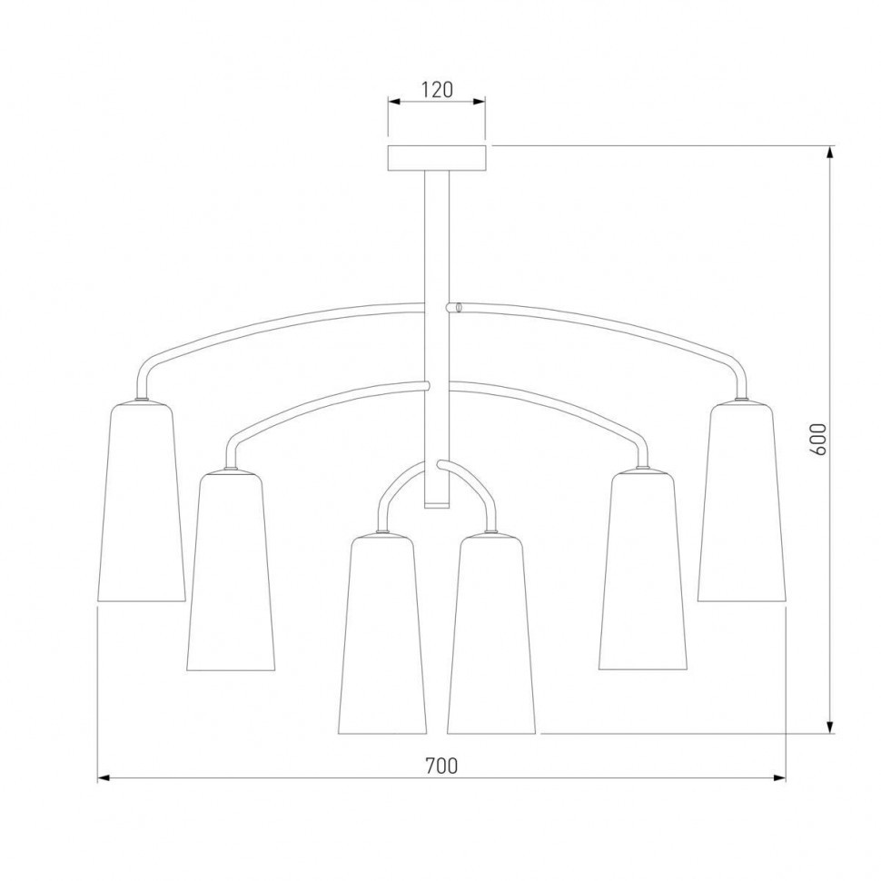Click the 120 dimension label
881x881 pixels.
point(437,89)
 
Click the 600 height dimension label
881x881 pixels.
point(819,440)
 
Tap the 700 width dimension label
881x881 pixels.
point(441,766)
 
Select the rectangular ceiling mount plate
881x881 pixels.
point(437,158)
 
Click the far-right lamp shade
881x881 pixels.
point(742,501)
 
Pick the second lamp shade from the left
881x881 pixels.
point(231,571)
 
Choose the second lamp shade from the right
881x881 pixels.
point(643,571)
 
